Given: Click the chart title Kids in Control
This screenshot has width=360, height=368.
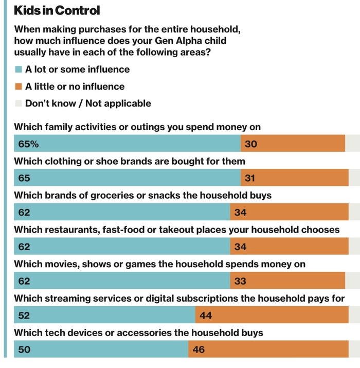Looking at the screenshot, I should [x=57, y=10].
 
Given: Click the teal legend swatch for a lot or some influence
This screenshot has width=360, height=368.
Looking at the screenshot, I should [x=19, y=69].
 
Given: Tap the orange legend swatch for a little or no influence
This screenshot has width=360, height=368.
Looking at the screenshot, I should [x=19, y=86].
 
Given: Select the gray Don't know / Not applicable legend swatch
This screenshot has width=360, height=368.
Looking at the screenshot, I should [x=19, y=103].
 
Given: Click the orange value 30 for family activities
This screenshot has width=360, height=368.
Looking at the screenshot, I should [x=251, y=144].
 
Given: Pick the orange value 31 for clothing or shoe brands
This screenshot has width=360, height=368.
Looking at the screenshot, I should [x=250, y=178].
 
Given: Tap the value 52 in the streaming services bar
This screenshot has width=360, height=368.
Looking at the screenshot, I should [x=24, y=316].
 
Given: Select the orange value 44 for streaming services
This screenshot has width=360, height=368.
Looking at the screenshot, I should [x=206, y=316].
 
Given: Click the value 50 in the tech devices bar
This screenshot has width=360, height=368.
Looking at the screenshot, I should [x=24, y=350].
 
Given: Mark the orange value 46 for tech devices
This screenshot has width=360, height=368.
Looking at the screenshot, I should [x=199, y=350].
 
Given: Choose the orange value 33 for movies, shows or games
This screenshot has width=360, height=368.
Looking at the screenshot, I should [x=240, y=281].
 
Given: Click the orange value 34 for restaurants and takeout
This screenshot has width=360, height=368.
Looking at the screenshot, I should [x=240, y=247].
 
